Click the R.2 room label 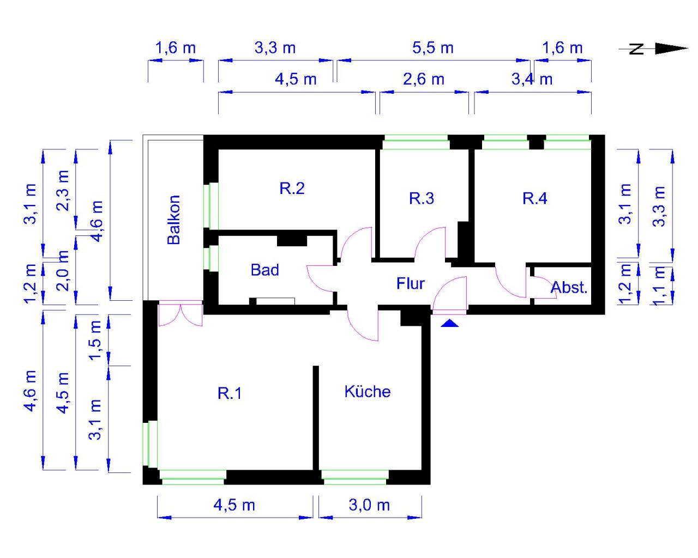[292, 189]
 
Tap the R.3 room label [422, 198]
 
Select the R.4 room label [534, 198]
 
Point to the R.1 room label [230, 393]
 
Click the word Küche [367, 391]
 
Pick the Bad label [264, 270]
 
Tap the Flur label [410, 283]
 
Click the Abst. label [569, 287]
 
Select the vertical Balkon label [173, 220]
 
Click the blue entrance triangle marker [449, 323]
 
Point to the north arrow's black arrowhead [671, 48]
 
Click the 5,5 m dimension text [432, 48]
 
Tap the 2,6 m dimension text [424, 79]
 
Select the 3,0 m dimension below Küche [369, 505]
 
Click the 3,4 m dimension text [532, 79]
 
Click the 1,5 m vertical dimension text [95, 340]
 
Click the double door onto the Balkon [180, 314]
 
